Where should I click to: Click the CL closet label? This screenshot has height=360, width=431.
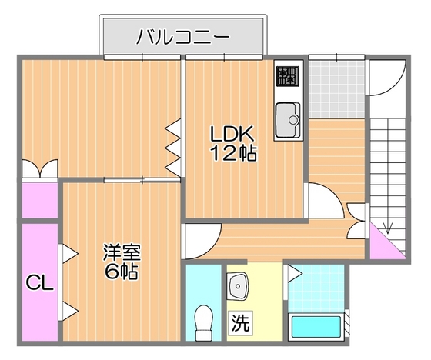click(x=38, y=284)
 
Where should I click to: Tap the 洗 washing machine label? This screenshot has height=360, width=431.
click(x=241, y=324)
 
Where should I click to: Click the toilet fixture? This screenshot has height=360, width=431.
click(x=204, y=322)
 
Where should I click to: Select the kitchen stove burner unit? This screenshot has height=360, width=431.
click(x=289, y=75)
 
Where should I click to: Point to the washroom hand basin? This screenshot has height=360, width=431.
click(x=239, y=287)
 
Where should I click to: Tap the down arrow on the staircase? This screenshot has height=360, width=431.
click(x=388, y=227)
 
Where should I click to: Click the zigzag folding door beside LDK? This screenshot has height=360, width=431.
click(x=173, y=146)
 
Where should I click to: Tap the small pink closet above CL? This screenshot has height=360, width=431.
click(x=38, y=199)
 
